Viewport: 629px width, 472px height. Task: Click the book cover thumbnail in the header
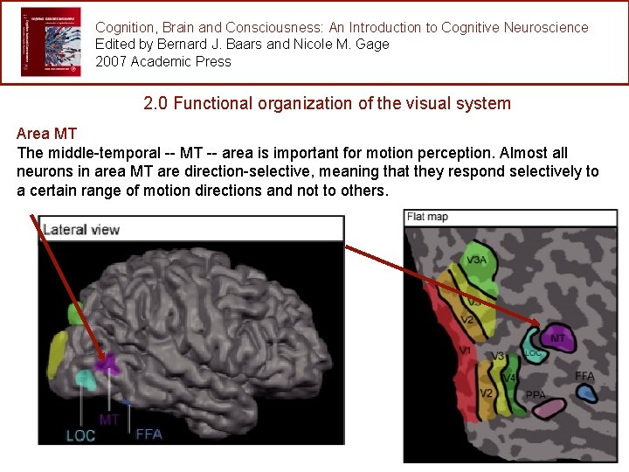(51, 42)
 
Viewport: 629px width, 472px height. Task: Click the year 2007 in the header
(113, 61)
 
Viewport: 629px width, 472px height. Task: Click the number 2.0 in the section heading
(156, 103)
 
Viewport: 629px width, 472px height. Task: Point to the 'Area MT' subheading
(46, 134)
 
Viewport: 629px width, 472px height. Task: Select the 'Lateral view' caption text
(81, 230)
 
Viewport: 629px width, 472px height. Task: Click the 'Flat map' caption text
(427, 217)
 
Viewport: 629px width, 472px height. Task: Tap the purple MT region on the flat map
(559, 338)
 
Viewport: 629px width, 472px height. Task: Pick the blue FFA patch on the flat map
(587, 393)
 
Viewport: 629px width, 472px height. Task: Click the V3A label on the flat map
(476, 260)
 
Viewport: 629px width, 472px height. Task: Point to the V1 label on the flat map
(466, 351)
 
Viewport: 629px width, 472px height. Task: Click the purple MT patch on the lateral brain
(109, 363)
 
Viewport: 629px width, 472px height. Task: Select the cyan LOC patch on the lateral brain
(85, 378)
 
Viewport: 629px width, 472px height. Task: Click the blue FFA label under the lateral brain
(149, 434)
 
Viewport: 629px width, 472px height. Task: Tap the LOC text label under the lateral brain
(81, 435)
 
